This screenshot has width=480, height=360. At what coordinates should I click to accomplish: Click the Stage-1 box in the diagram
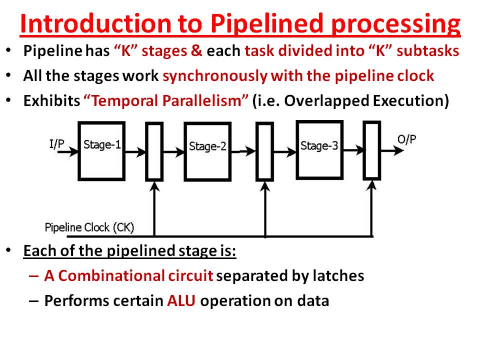click(101, 151)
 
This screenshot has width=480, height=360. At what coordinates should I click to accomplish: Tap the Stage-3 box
click(319, 149)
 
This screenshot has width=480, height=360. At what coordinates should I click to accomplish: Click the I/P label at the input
click(56, 144)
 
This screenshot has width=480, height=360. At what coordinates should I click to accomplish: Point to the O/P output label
click(406, 139)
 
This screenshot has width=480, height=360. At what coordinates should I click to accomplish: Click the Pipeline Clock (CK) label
click(89, 228)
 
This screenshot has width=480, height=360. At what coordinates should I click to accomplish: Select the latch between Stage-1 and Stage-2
click(154, 151)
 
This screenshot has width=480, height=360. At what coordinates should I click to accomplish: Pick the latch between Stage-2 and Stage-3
click(264, 151)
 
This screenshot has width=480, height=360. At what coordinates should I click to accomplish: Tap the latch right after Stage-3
click(371, 149)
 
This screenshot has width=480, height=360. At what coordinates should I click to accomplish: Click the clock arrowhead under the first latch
click(154, 185)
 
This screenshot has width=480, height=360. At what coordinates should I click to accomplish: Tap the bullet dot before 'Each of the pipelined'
click(9, 249)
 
